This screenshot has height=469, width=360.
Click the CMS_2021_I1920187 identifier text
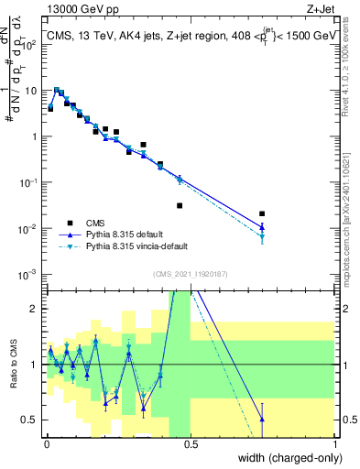191,274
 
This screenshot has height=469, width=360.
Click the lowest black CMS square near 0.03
180,205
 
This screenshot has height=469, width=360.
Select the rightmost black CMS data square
262,213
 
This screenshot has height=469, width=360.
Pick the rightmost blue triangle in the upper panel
262,226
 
